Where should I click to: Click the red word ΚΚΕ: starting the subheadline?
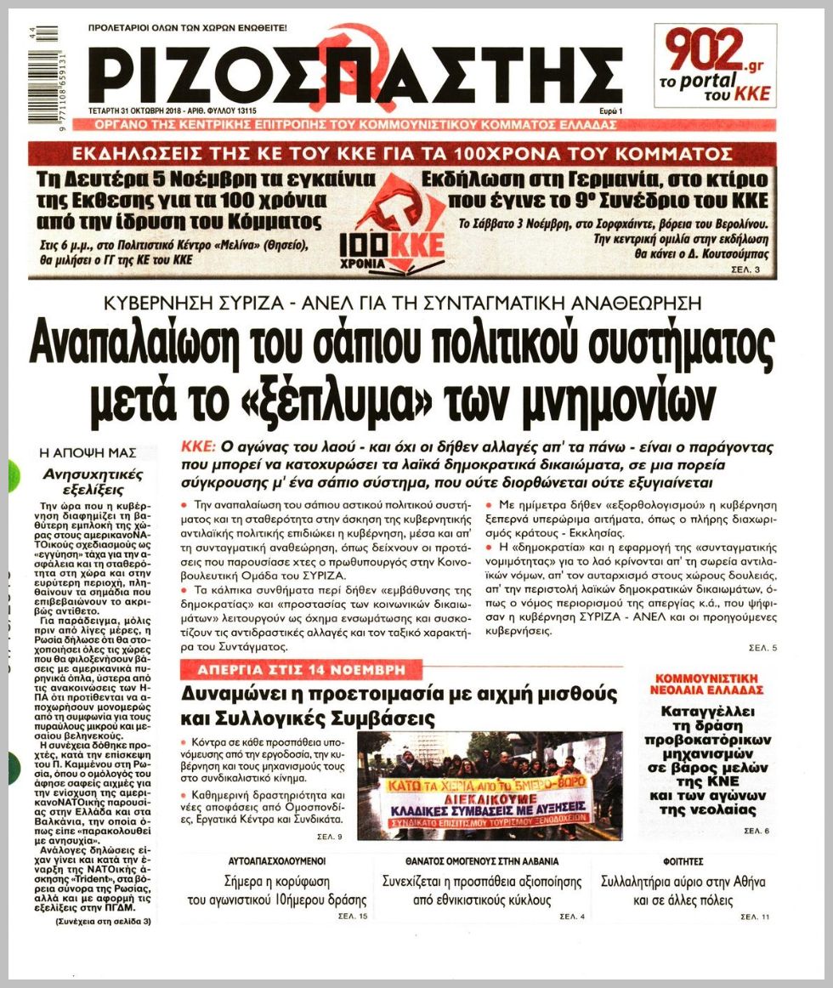200,446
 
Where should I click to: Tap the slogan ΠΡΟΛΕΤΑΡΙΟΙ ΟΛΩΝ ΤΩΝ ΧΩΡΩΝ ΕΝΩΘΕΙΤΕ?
188,28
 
